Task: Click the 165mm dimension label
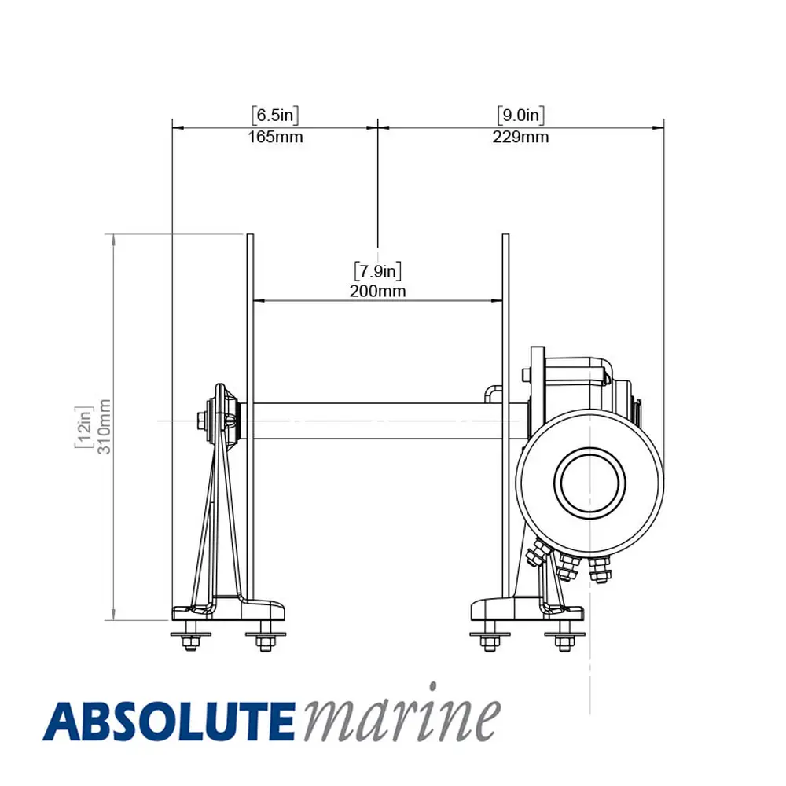coord(275,137)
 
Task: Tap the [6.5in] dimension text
coord(275,116)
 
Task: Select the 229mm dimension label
coord(520,137)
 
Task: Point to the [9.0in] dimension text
coord(520,116)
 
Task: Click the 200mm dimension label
coord(377,291)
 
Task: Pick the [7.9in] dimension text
coord(377,271)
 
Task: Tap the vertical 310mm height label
coord(104,427)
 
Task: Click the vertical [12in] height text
coord(84,427)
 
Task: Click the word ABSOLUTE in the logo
coord(168,722)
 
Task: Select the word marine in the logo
coord(402,714)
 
